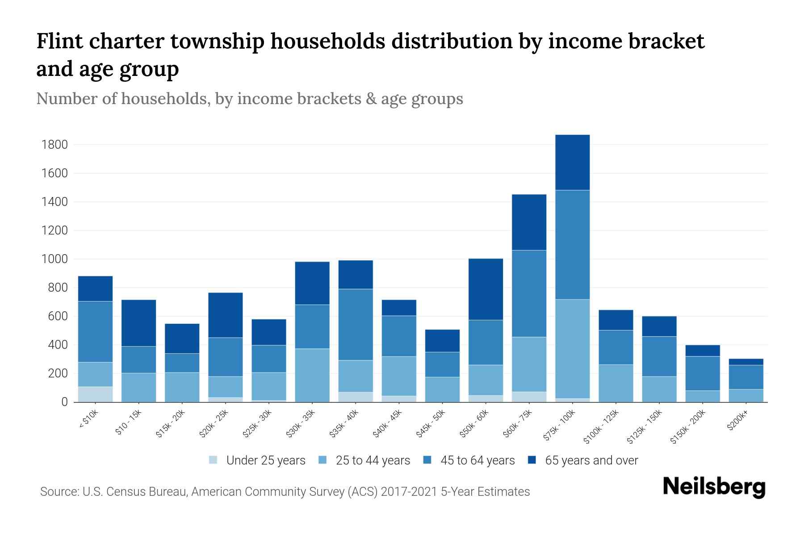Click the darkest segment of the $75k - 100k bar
click(572, 163)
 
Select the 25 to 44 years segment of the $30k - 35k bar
click(312, 375)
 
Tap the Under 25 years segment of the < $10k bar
click(95, 394)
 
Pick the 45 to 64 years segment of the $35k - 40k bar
click(356, 325)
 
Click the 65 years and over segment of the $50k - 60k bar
click(486, 289)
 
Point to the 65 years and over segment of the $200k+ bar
click(745, 362)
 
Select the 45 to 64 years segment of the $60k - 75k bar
click(529, 293)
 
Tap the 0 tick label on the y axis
click(64, 402)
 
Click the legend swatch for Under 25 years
click(214, 460)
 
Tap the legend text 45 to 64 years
click(477, 460)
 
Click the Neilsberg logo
click(714, 486)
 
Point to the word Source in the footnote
click(58, 492)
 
